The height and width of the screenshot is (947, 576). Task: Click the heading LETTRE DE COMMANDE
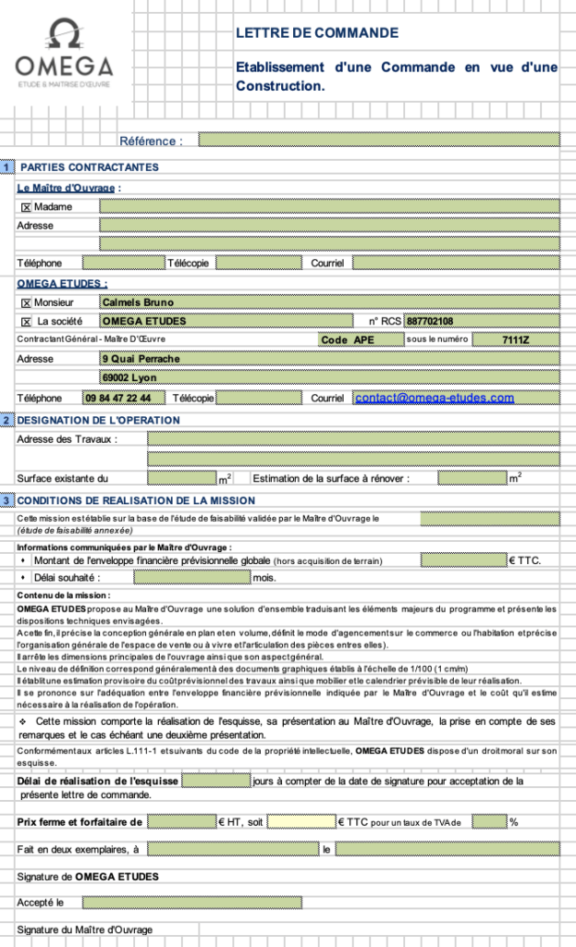(317, 33)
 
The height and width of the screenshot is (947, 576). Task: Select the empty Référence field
(379, 141)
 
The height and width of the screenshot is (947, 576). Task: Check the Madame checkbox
(26, 207)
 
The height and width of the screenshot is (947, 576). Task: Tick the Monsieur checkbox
(26, 302)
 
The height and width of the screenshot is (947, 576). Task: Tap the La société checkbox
(26, 322)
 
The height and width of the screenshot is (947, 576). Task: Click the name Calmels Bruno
(138, 302)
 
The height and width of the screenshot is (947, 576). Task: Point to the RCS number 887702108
(430, 322)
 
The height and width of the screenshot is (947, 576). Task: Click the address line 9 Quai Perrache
(141, 359)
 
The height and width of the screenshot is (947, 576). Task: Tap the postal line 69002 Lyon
(129, 378)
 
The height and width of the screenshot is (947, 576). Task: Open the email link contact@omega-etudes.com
(435, 398)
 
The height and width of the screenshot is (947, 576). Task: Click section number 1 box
(7, 167)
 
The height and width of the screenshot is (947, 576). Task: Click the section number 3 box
(7, 500)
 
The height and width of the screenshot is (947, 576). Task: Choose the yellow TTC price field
(301, 821)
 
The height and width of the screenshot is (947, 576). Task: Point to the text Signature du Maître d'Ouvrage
(85, 929)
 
